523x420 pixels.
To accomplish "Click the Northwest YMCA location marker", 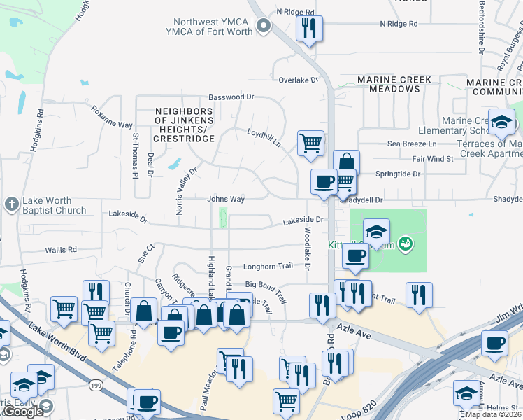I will (x=264, y=27).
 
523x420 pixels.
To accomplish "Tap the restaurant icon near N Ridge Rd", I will (x=308, y=29).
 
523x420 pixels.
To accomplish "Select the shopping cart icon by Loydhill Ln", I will (x=310, y=143).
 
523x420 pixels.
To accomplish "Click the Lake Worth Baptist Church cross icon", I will (x=11, y=204).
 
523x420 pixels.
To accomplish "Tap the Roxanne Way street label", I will (x=111, y=115).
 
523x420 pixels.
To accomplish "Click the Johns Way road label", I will (x=225, y=199).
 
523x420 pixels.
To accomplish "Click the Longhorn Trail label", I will (x=268, y=266).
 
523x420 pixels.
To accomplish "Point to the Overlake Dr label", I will (x=298, y=80).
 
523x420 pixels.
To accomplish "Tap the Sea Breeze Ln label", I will (x=412, y=143).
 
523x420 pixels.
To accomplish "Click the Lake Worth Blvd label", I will (x=56, y=343).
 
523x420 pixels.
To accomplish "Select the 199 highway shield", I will (x=96, y=385).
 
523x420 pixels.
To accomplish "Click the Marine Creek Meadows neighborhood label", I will (x=394, y=85).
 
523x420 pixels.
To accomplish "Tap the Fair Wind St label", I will (x=433, y=159).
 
